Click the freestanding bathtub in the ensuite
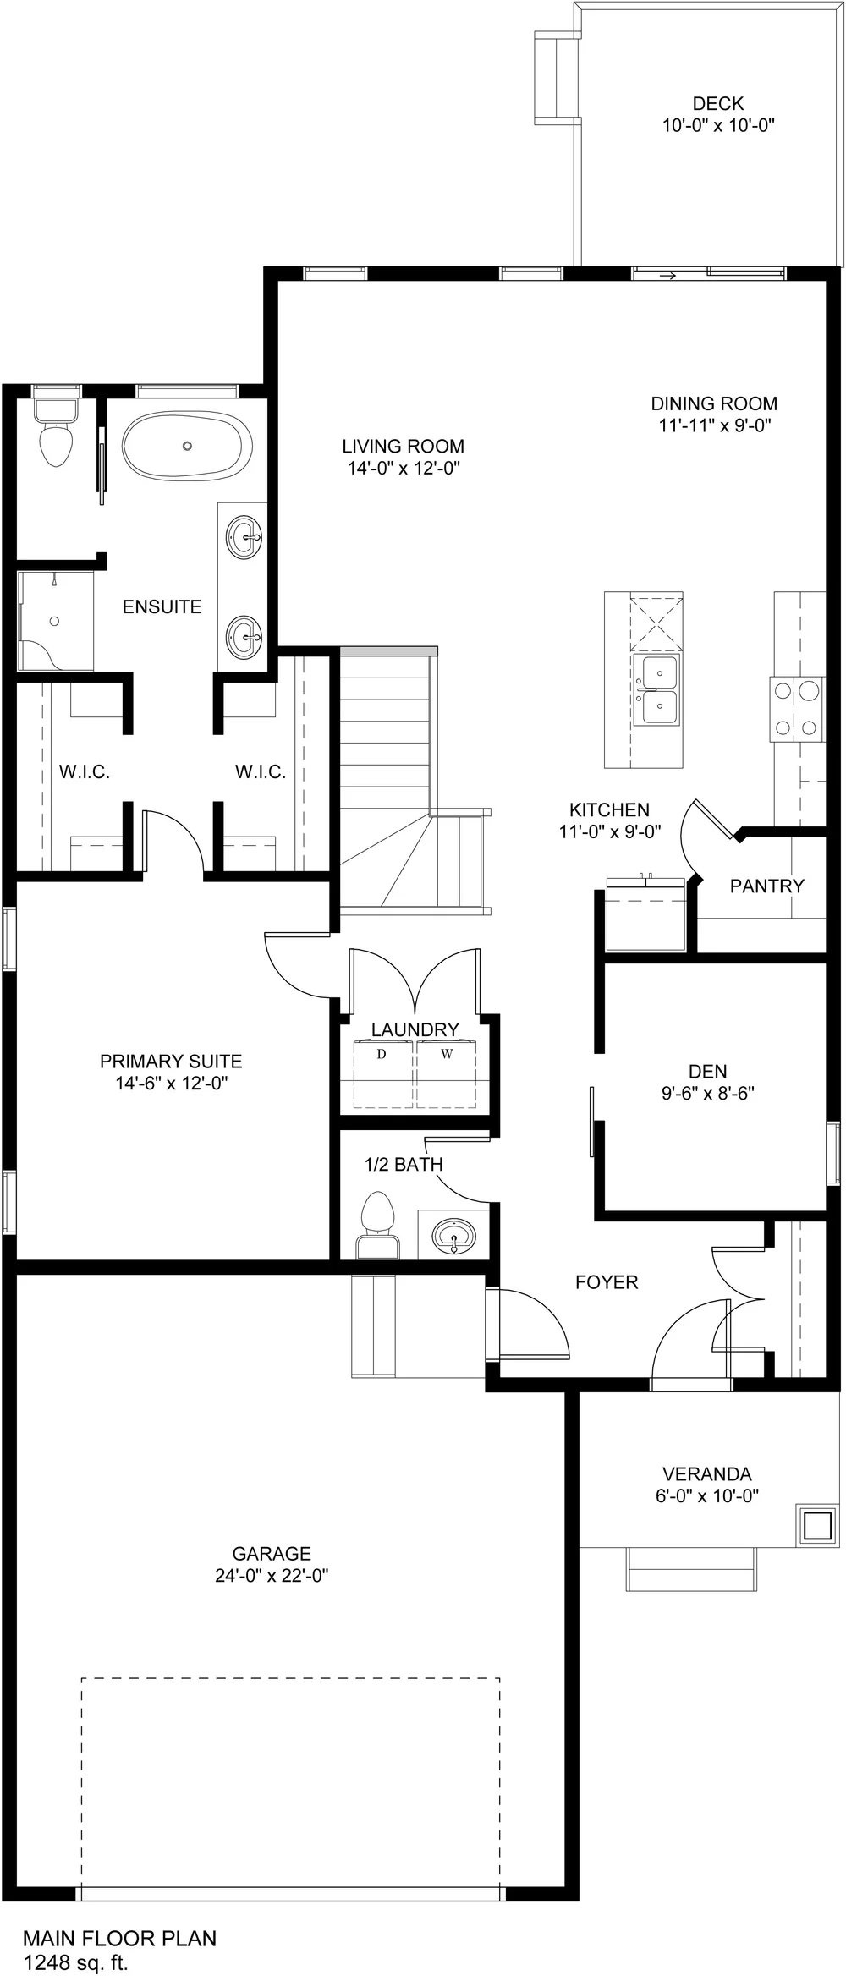coord(188,446)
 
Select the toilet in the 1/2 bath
coord(377,1222)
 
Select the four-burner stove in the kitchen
coord(797,709)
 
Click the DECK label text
coord(717,104)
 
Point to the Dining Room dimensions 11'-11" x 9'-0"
coord(714,425)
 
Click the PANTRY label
coord(766,886)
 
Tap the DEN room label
coord(707,1072)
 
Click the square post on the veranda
coord(816,1524)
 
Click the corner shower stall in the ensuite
coord(55,622)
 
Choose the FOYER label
coord(606,1282)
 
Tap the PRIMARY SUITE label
coord(171,1062)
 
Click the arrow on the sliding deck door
coord(667,277)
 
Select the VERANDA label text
coord(706,1474)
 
